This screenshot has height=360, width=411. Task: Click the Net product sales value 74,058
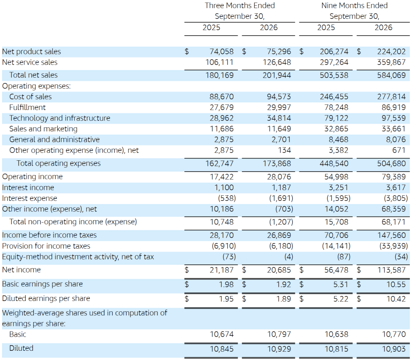coord(222,51)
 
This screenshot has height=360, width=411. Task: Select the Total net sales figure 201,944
coord(277,75)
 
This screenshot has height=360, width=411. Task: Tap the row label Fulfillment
coord(27,107)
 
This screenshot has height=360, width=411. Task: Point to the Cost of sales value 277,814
coord(391,97)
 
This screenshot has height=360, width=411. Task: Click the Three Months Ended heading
coord(240,6)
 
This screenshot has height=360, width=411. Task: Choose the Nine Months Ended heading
coord(354,6)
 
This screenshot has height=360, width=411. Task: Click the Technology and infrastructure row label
coord(60,118)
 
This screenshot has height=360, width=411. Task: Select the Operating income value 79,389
coord(394,177)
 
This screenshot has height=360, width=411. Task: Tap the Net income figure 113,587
coord(391,270)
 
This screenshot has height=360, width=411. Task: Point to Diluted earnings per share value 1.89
coord(284,299)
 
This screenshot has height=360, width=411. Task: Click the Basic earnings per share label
coord(42,284)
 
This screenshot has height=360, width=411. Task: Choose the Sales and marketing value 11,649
coord(279,129)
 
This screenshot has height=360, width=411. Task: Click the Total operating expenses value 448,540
coord(334,164)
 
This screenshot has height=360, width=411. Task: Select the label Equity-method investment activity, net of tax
coord(78,257)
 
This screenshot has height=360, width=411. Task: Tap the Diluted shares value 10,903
coord(394,349)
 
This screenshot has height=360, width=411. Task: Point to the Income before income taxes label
coord(49,235)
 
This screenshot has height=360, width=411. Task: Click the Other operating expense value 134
coord(285,150)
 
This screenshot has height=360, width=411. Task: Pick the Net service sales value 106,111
coord(220,62)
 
